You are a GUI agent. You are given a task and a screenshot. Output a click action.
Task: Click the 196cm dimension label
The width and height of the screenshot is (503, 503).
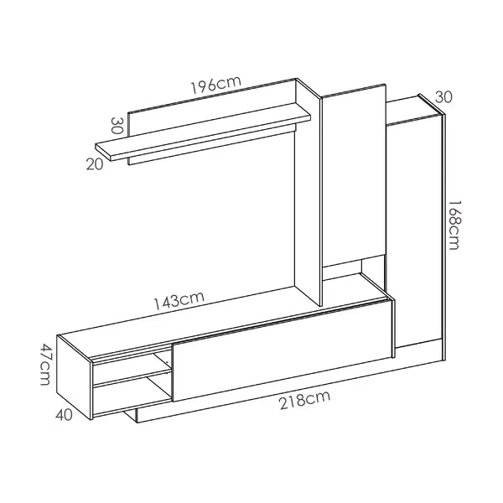point(216,84)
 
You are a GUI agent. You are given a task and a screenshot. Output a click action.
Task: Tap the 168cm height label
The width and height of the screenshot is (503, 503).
point(454,225)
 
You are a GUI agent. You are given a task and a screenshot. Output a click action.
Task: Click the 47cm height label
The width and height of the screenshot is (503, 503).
point(45,365)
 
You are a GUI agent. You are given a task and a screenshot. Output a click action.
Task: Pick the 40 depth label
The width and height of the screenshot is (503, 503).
point(65,415)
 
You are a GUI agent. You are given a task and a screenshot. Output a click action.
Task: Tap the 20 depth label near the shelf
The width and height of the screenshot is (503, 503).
point(95,164)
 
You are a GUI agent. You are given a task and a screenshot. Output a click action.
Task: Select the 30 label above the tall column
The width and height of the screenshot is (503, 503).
point(443,97)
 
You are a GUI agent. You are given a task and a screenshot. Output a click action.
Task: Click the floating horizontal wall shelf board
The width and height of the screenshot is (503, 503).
point(204,132)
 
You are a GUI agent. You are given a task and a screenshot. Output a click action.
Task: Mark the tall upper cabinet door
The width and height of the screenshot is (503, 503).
point(354,175)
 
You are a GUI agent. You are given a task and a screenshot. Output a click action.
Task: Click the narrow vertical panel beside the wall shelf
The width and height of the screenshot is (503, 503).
point(308,193)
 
